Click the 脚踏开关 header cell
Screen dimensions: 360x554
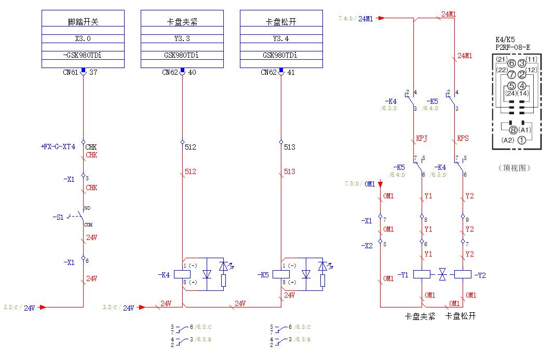(x=83, y=22)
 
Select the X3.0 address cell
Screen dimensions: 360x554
(x=83, y=38)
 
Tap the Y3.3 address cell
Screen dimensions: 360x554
(x=182, y=38)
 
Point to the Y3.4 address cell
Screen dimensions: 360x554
(x=281, y=38)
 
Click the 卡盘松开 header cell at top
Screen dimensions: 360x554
(x=281, y=22)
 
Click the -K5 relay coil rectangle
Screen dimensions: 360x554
(x=281, y=274)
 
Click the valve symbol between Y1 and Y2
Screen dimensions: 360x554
(x=442, y=273)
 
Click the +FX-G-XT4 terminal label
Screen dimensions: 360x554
(x=58, y=147)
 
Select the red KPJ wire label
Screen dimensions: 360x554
(x=422, y=139)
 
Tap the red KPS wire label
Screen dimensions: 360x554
(x=463, y=139)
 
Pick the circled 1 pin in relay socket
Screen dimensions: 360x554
(x=522, y=140)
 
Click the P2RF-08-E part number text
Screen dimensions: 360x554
(x=512, y=47)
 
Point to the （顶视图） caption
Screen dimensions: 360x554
(x=514, y=168)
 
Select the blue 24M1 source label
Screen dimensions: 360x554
(x=366, y=19)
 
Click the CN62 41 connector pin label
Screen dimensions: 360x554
(x=278, y=73)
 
